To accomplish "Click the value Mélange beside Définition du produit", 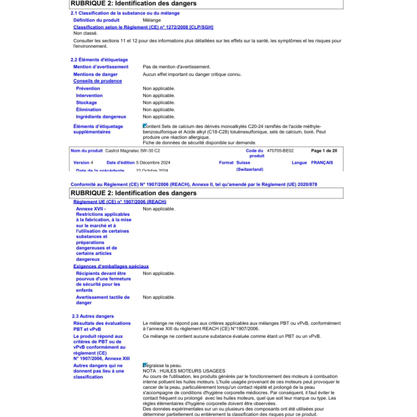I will coord(152,20).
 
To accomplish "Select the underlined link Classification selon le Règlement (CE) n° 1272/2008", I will coord(143,27).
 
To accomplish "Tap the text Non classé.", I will coord(85,33).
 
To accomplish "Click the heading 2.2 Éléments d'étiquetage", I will coord(99,60).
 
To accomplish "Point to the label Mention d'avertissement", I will coord(101,67).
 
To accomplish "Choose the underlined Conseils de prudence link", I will coord(97,81).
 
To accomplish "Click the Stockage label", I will coord(86,103).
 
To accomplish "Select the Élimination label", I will coord(88,110).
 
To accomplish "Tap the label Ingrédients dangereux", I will coord(101,117).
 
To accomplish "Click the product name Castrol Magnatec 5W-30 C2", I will coord(132,151).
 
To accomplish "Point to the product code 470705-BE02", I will coord(280,151).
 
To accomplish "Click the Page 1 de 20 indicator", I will coord(324,151).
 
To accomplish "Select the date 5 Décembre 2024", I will coord(153,163).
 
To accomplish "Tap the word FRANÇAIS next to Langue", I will coord(322,163).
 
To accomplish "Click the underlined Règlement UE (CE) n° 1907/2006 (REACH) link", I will coord(120,202).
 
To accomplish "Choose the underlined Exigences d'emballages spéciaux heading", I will coord(111,266).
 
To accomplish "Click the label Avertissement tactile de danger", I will coord(103,300).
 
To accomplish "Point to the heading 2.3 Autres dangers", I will coord(93,316).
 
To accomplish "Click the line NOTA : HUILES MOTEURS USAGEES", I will coord(184,371).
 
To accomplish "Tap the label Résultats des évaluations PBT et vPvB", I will coord(102,326).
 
